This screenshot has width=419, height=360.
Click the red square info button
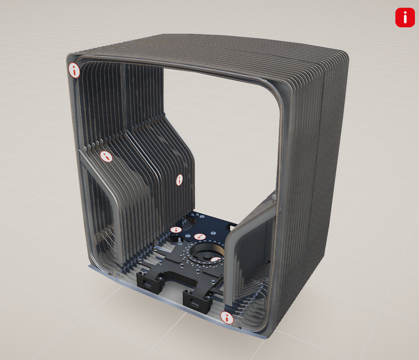pos(405,18)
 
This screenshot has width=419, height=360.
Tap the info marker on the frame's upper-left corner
pos(74,70)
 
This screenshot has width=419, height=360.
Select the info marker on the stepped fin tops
pos(106,156)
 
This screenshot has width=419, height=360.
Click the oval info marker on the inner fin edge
pos(179,180)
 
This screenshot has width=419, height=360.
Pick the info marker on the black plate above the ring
pos(200,236)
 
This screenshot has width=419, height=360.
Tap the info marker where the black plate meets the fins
pos(176,230)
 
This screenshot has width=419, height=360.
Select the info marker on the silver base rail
pos(226,318)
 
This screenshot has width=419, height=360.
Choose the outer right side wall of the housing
pos(326,183)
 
